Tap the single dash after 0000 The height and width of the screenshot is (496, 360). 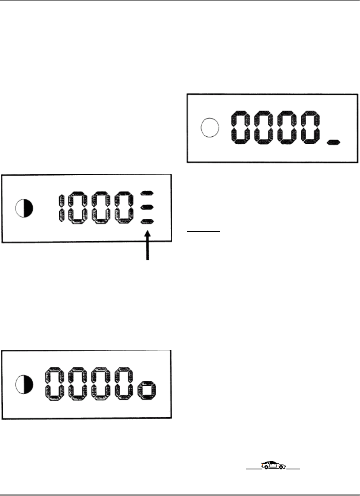[333, 142]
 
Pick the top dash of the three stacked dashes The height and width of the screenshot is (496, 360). [147, 194]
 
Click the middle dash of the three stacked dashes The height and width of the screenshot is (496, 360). [147, 207]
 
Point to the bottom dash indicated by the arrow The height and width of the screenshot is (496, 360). [147, 221]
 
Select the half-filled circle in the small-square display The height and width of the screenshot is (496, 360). [24, 385]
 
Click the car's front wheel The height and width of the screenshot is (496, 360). [281, 468]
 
